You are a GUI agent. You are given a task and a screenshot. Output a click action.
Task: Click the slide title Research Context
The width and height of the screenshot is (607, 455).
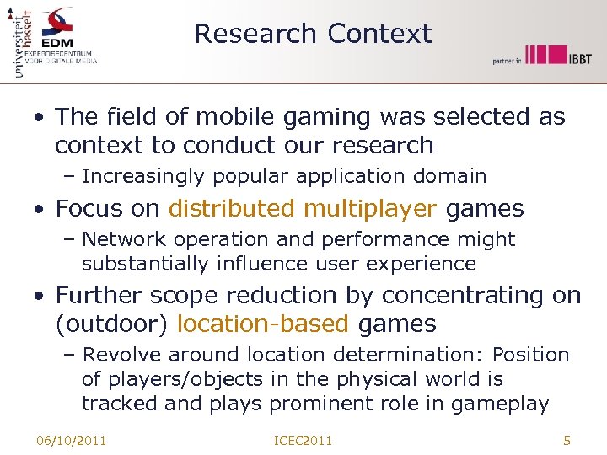click(x=313, y=34)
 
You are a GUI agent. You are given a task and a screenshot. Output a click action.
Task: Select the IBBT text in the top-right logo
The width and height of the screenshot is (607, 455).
click(x=579, y=58)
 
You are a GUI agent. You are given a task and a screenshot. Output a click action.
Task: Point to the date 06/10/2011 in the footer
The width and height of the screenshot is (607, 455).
click(x=71, y=441)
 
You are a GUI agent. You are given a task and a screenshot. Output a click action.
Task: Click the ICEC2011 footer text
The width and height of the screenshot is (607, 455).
click(x=303, y=441)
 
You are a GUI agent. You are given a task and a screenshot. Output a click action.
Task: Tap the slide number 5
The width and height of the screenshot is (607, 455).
click(x=567, y=440)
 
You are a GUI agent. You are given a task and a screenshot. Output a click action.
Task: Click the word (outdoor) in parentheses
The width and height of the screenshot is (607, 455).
click(x=113, y=324)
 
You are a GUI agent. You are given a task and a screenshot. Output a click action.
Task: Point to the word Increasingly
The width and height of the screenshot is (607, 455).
click(x=142, y=176)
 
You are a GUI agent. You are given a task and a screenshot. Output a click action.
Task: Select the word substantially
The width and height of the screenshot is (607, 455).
click(x=145, y=264)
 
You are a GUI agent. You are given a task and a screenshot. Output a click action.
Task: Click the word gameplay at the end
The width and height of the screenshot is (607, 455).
click(x=500, y=404)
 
